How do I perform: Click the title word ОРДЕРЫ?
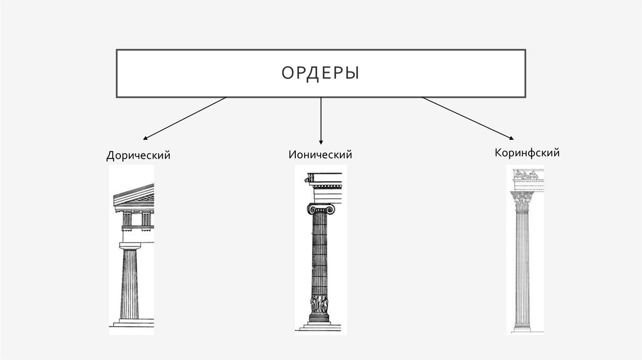320,73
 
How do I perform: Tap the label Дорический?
138,155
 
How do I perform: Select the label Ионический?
320,154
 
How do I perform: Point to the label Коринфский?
527,152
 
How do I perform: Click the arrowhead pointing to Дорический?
145,138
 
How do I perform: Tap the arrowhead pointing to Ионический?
320,141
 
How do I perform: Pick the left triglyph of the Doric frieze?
127,220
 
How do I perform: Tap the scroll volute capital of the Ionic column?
320,209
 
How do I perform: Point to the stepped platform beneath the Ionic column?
320,326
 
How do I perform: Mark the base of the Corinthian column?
522,327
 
